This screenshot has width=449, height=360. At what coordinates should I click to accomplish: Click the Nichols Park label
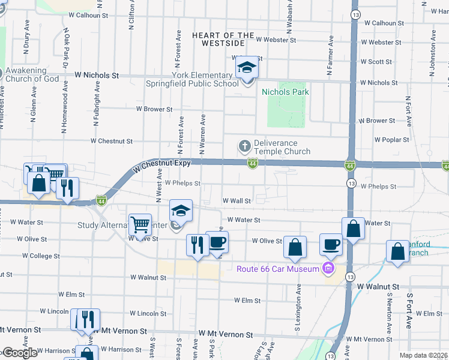[x=285, y=92]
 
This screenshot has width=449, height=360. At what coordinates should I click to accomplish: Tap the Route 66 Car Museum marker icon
[x=328, y=268]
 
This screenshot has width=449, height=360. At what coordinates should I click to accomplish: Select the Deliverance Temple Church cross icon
[x=245, y=146]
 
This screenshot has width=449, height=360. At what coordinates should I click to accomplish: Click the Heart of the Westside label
[x=218, y=40]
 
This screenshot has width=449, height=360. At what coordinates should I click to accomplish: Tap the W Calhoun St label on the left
[x=88, y=15]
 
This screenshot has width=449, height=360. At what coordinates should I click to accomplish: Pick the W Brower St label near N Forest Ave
[x=154, y=109]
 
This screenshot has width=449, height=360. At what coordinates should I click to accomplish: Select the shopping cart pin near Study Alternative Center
[x=140, y=225]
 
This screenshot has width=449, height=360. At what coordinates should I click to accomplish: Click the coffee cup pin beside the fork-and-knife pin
[x=217, y=243]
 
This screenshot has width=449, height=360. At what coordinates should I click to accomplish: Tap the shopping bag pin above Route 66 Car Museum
[x=295, y=247]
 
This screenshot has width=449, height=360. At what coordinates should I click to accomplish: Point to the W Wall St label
[x=236, y=200]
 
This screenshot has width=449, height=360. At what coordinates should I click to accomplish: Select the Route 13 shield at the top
[x=356, y=13]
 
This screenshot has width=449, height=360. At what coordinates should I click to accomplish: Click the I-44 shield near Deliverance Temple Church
[x=253, y=163]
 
